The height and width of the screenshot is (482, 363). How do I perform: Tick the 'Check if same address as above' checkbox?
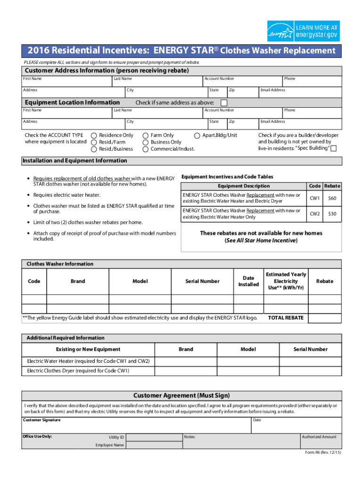(224, 103)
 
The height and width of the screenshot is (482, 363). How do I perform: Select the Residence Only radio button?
(94, 135)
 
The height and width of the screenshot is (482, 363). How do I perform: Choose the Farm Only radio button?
(146, 135)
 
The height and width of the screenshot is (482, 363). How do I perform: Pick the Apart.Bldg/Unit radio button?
(197, 135)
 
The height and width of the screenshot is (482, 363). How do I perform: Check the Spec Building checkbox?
(334, 149)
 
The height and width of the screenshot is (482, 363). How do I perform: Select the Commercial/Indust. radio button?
(146, 149)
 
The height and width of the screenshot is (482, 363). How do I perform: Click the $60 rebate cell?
(332, 198)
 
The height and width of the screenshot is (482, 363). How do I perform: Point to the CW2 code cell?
(314, 214)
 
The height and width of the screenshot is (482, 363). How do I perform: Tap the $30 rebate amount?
(332, 214)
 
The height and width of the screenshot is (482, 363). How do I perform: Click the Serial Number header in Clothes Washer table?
(202, 281)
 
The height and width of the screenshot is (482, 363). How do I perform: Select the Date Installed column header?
(248, 281)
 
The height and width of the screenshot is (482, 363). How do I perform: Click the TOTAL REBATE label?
(286, 318)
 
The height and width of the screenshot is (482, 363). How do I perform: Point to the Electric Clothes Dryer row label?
(78, 371)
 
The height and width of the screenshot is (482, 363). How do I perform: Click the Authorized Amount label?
(319, 437)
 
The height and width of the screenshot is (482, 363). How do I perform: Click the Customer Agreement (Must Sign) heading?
(181, 395)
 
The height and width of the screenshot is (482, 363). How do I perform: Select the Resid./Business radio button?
(94, 149)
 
